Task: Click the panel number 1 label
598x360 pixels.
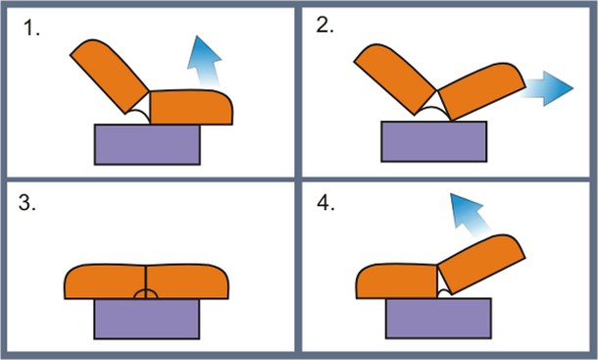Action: [31, 28]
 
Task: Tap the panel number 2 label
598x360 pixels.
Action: [324, 26]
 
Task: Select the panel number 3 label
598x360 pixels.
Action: [27, 203]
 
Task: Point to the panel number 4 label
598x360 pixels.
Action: [326, 203]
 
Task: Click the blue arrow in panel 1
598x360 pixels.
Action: [205, 61]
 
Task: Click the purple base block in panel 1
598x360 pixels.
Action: [147, 145]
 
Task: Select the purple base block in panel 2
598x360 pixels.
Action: [434, 141]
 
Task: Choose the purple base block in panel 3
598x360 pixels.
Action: [147, 319]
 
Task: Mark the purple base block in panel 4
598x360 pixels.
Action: [438, 319]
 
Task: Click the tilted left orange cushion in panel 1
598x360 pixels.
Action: [110, 76]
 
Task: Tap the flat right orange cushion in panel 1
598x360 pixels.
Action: [191, 107]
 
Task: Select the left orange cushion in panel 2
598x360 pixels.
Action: [395, 78]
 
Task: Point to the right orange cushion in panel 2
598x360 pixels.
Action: [482, 91]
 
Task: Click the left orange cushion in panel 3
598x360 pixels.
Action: [105, 282]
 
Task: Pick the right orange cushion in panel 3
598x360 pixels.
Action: [187, 282]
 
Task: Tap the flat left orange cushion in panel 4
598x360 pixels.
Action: [397, 281]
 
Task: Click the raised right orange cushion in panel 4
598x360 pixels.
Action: [481, 264]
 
